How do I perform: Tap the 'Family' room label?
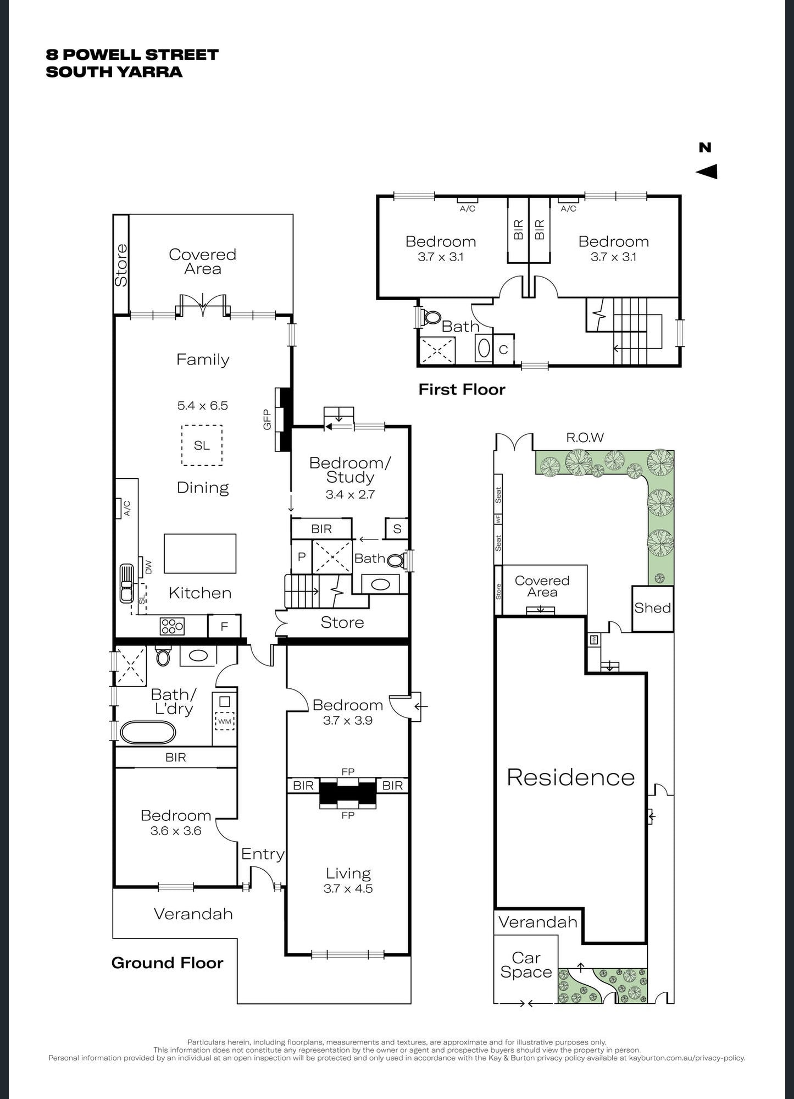pos(203,360)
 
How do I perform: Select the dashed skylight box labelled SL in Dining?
pos(202,445)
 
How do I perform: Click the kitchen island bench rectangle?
pos(200,554)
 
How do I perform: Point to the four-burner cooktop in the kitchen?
pos(172,626)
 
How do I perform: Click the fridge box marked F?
pos(224,626)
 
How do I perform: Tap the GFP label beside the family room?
pos(268,419)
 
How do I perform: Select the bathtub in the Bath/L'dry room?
pos(148,732)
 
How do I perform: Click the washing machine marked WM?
pos(225,721)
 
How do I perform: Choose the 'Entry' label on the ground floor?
pos(263,854)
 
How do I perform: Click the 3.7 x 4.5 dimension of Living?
pos(348,888)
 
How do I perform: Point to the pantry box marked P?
pos(302,557)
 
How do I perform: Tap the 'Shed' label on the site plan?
pos(653,608)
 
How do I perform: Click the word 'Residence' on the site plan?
pos(571,777)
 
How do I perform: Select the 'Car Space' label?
pos(526,965)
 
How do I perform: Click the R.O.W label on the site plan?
pos(585,437)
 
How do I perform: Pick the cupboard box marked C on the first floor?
pos(503,349)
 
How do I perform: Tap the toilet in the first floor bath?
pos(432,317)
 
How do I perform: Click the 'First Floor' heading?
pos(462,389)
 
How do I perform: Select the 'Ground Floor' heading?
pos(168,963)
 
